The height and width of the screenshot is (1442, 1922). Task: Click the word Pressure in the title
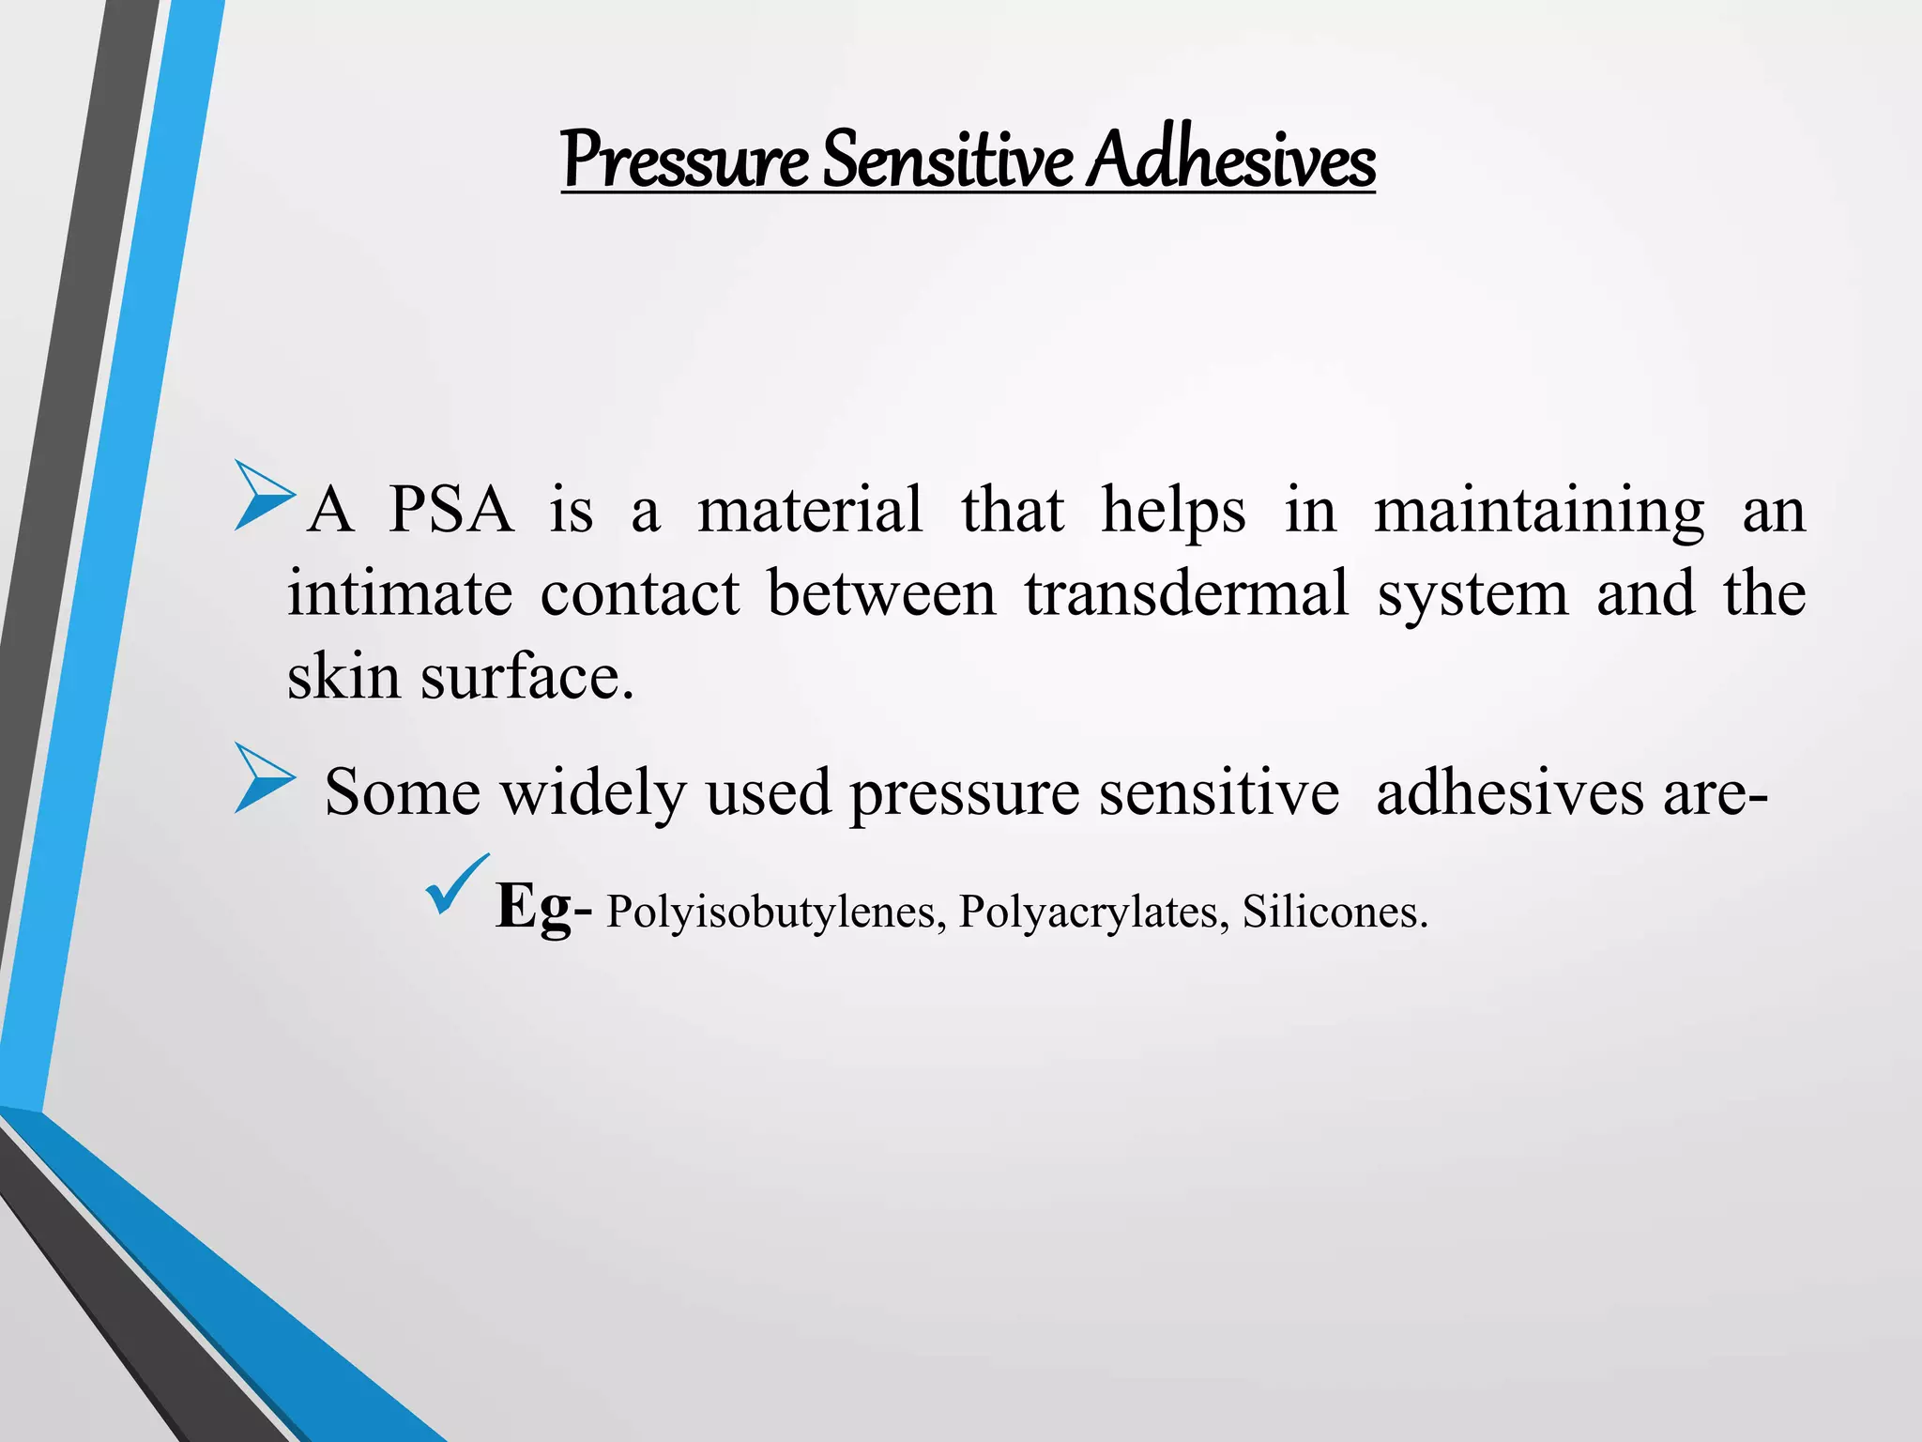pyautogui.click(x=684, y=160)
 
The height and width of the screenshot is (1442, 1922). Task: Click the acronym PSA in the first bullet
pyautogui.click(x=451, y=511)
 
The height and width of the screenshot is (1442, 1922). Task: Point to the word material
pyautogui.click(x=810, y=511)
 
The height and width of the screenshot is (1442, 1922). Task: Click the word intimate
pyautogui.click(x=400, y=593)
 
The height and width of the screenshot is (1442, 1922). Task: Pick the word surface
pyautogui.click(x=526, y=676)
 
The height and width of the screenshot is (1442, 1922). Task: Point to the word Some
pyautogui.click(x=402, y=791)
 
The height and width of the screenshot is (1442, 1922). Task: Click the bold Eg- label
pyautogui.click(x=543, y=907)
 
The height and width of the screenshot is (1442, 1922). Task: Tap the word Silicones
pyautogui.click(x=1334, y=911)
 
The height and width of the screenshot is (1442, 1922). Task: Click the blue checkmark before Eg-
pyautogui.click(x=457, y=884)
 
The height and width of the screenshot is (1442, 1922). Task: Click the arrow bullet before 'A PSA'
pyautogui.click(x=264, y=495)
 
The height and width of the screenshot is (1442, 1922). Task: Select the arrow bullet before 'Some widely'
pyautogui.click(x=264, y=777)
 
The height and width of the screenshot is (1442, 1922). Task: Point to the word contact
pyautogui.click(x=640, y=593)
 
